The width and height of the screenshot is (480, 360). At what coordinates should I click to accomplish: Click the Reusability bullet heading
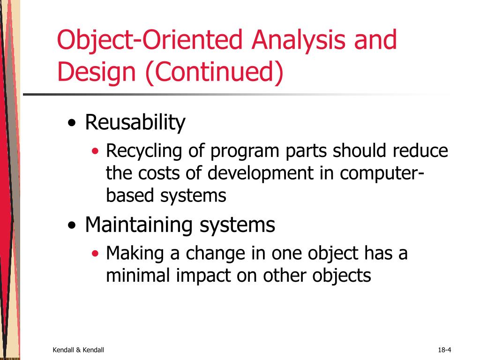coord(135,123)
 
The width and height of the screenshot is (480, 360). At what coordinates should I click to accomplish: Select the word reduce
coord(420,151)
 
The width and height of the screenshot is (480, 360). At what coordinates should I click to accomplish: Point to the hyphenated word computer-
coord(382,173)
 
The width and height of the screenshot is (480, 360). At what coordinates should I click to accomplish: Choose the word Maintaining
coord(140,225)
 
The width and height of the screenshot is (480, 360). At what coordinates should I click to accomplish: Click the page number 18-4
coord(444,350)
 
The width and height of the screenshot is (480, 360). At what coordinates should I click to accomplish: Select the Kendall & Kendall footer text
coord(78,350)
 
